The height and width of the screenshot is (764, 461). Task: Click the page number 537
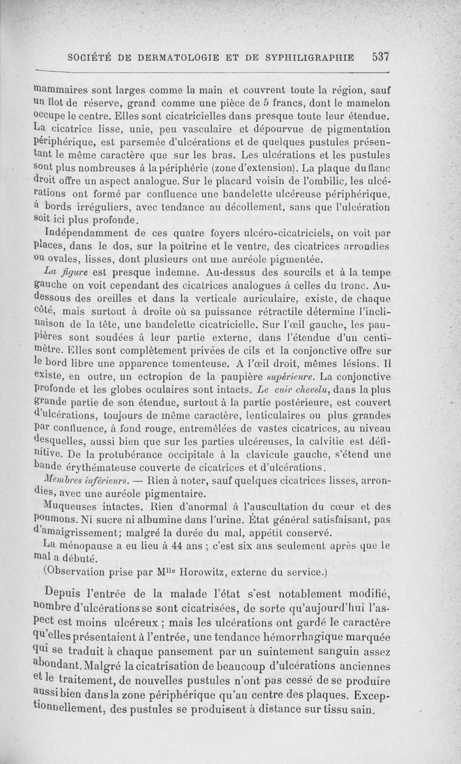pos(381,57)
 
